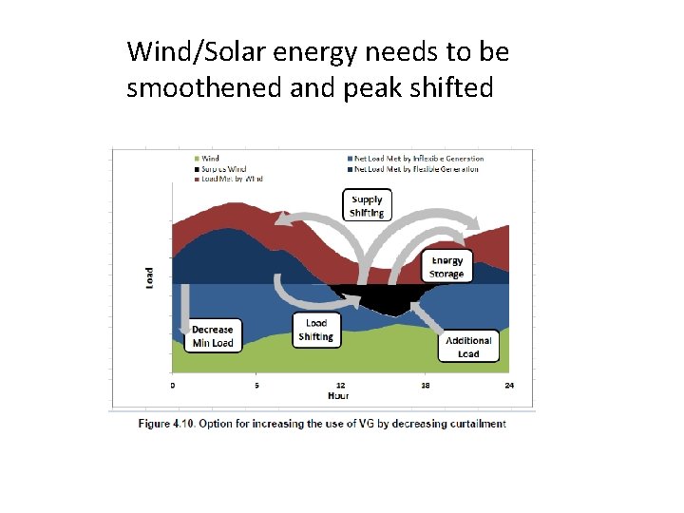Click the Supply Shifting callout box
367,205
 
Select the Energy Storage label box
446,267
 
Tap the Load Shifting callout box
316,330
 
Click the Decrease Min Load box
213,336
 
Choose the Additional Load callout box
468,346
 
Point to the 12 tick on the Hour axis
341,385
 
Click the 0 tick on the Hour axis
172,385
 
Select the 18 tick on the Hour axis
426,385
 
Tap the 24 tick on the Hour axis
509,385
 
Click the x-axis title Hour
337,394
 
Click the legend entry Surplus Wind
223,168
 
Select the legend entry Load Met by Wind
231,178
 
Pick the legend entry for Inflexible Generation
418,159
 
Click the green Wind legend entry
209,159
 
